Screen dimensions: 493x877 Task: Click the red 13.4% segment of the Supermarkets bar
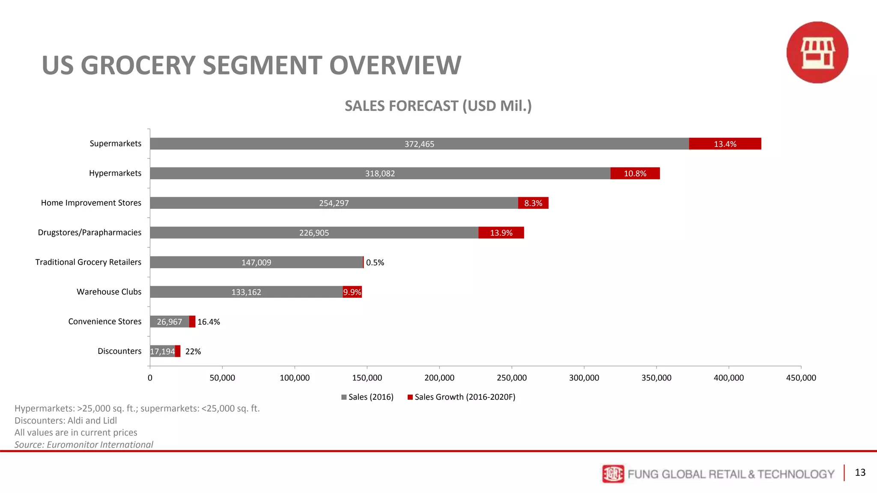click(725, 144)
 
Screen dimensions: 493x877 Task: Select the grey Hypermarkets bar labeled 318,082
click(380, 173)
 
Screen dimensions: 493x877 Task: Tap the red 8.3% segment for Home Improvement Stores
click(533, 203)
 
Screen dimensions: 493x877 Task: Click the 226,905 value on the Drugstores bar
click(314, 233)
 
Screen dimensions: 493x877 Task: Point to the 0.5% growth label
click(375, 262)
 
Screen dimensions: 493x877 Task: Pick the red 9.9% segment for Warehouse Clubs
click(352, 292)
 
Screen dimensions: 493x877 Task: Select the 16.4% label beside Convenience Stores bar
click(209, 322)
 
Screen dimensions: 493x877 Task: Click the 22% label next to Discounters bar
click(193, 351)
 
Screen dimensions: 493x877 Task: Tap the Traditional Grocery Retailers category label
click(88, 262)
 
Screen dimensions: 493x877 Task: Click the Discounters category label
click(119, 351)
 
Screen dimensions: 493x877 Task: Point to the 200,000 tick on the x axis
click(439, 377)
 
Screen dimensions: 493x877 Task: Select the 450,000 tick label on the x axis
click(801, 377)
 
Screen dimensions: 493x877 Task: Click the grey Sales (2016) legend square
click(344, 397)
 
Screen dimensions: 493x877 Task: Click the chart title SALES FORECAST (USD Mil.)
click(438, 106)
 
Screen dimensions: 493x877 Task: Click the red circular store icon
click(817, 52)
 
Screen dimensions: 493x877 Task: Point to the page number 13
click(860, 472)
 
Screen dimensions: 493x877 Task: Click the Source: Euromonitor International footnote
click(84, 444)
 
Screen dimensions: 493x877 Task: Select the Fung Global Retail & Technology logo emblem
click(613, 474)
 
